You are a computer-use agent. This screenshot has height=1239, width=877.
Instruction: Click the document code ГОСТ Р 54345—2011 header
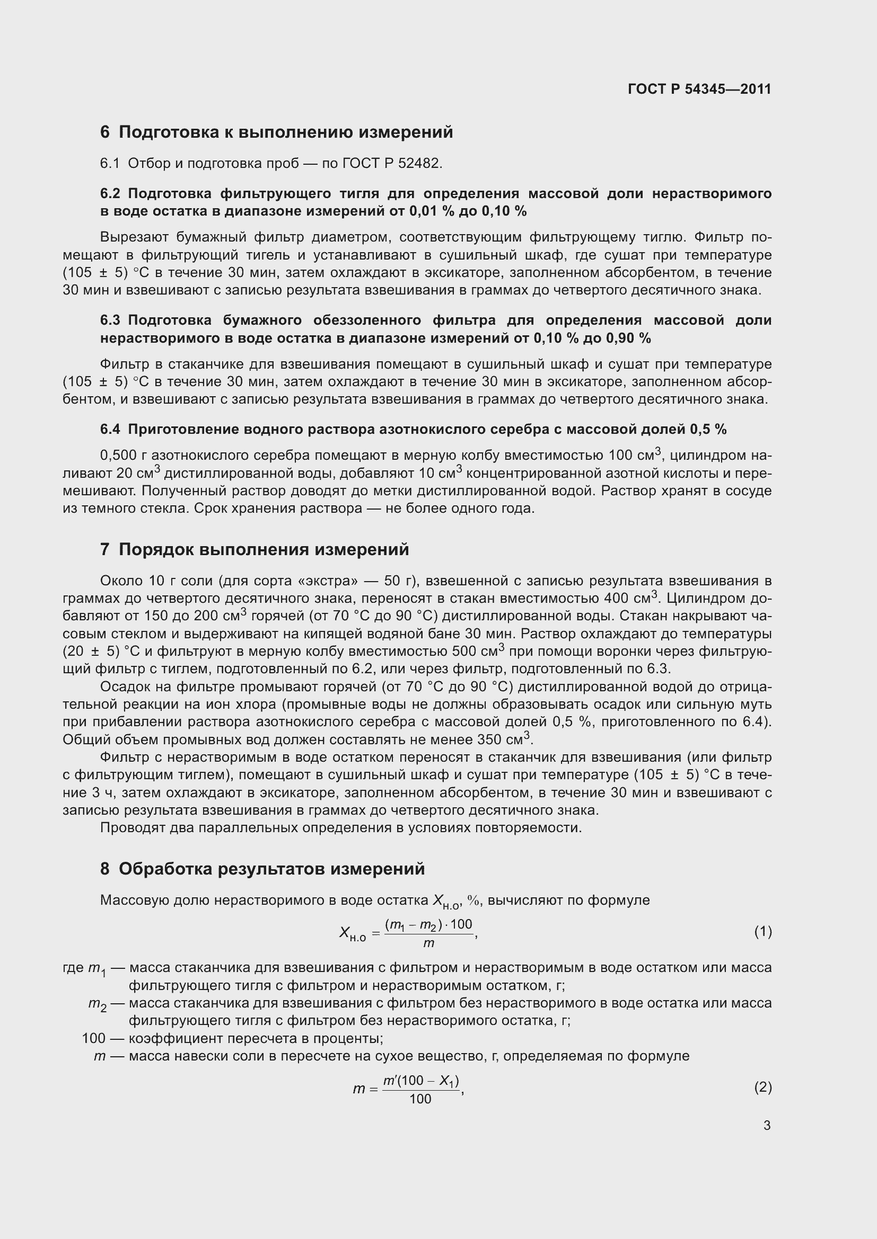click(x=699, y=89)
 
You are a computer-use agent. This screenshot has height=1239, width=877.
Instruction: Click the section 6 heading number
click(x=105, y=132)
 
